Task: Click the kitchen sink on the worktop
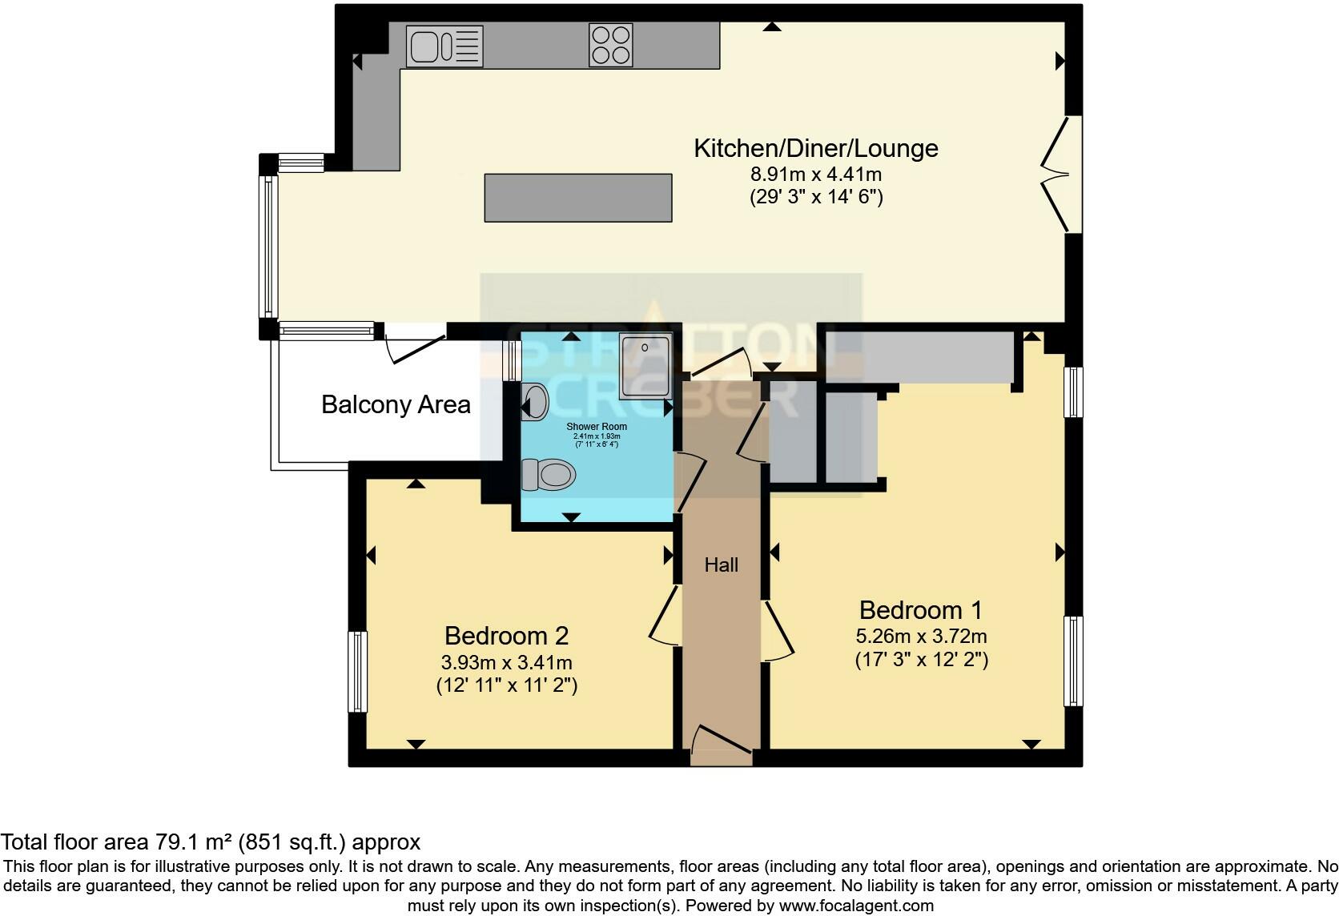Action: coord(444,46)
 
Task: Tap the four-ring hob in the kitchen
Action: coord(610,45)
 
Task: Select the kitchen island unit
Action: coord(577,197)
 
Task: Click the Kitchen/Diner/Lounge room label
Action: coord(815,148)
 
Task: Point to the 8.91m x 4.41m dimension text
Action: coord(815,174)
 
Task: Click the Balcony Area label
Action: coord(396,404)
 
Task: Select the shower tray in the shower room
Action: coord(645,367)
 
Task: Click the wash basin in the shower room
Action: coord(535,401)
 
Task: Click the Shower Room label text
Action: coord(597,427)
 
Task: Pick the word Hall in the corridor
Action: coord(721,565)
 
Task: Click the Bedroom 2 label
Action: coord(506,636)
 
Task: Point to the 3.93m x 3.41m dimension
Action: coord(506,663)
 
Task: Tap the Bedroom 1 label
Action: coord(920,610)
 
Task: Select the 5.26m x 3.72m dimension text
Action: coord(921,637)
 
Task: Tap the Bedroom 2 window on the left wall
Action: coord(357,671)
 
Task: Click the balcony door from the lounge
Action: coord(415,348)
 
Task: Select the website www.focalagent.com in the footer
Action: coord(856,906)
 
